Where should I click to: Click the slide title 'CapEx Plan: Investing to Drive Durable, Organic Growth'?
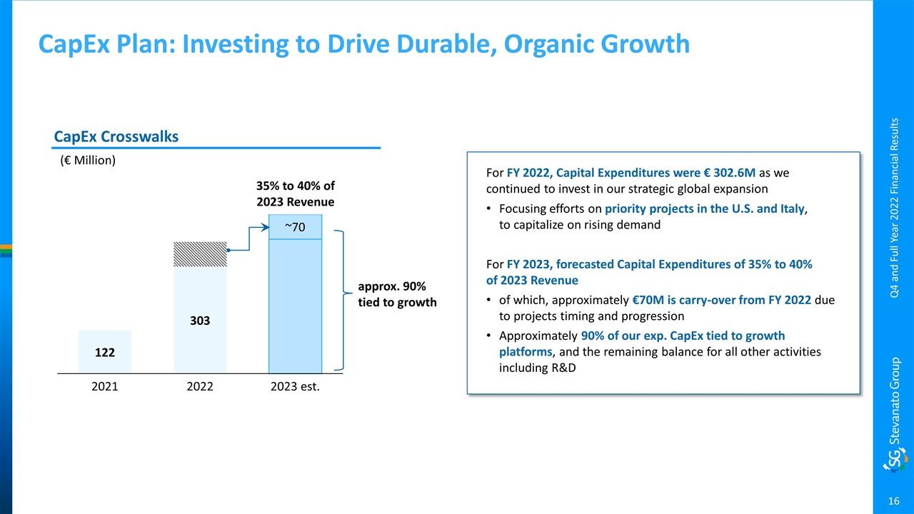pyautogui.click(x=364, y=44)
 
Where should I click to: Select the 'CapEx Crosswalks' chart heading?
pyautogui.click(x=116, y=136)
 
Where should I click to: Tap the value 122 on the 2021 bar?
pyautogui.click(x=105, y=353)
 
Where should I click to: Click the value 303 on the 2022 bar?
pyautogui.click(x=200, y=321)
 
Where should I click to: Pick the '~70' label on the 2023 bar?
pyautogui.click(x=295, y=227)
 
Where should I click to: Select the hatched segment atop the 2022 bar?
pyautogui.click(x=200, y=255)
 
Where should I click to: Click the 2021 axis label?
pyautogui.click(x=105, y=388)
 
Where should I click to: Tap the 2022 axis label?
pyautogui.click(x=200, y=388)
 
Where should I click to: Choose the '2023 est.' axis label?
pyautogui.click(x=295, y=388)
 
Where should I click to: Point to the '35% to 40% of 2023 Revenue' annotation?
pyautogui.click(x=295, y=194)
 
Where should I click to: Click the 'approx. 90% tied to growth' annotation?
pyautogui.click(x=396, y=294)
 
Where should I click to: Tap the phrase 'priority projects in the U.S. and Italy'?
pyautogui.click(x=704, y=209)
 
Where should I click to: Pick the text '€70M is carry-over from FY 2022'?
pyautogui.click(x=720, y=300)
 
